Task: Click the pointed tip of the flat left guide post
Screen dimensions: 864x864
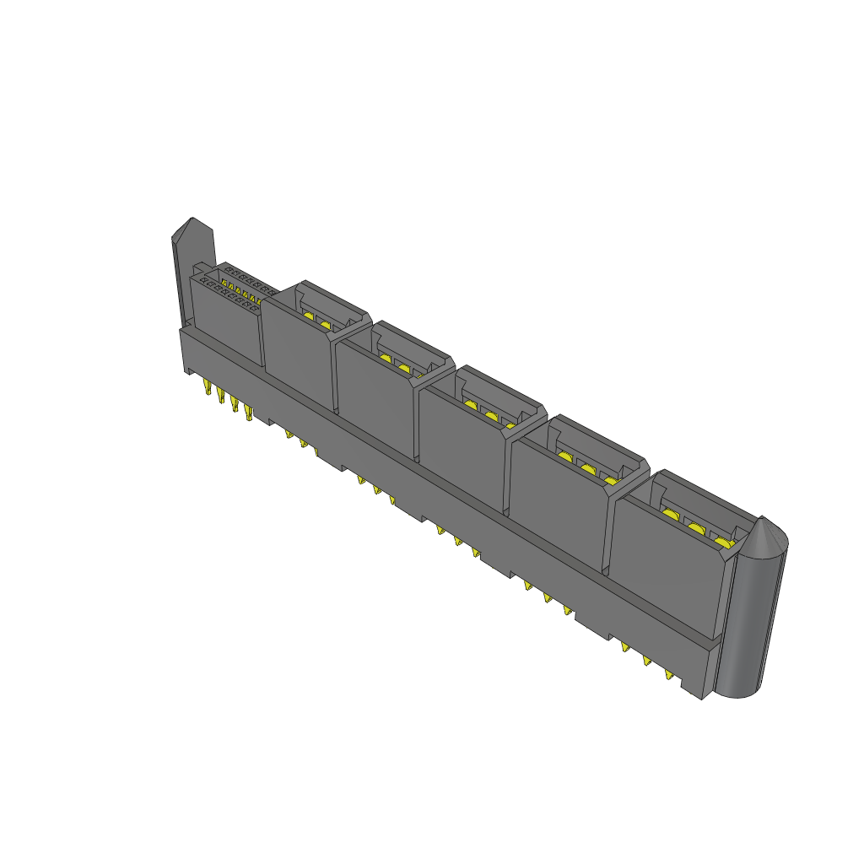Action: [x=189, y=227]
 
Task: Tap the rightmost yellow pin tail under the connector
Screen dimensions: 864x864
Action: [x=669, y=676]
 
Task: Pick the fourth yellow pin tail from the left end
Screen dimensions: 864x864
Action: [x=248, y=413]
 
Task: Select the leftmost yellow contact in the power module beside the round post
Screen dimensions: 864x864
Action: [x=672, y=514]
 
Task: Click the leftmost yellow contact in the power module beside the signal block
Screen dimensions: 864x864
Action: [x=309, y=316]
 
